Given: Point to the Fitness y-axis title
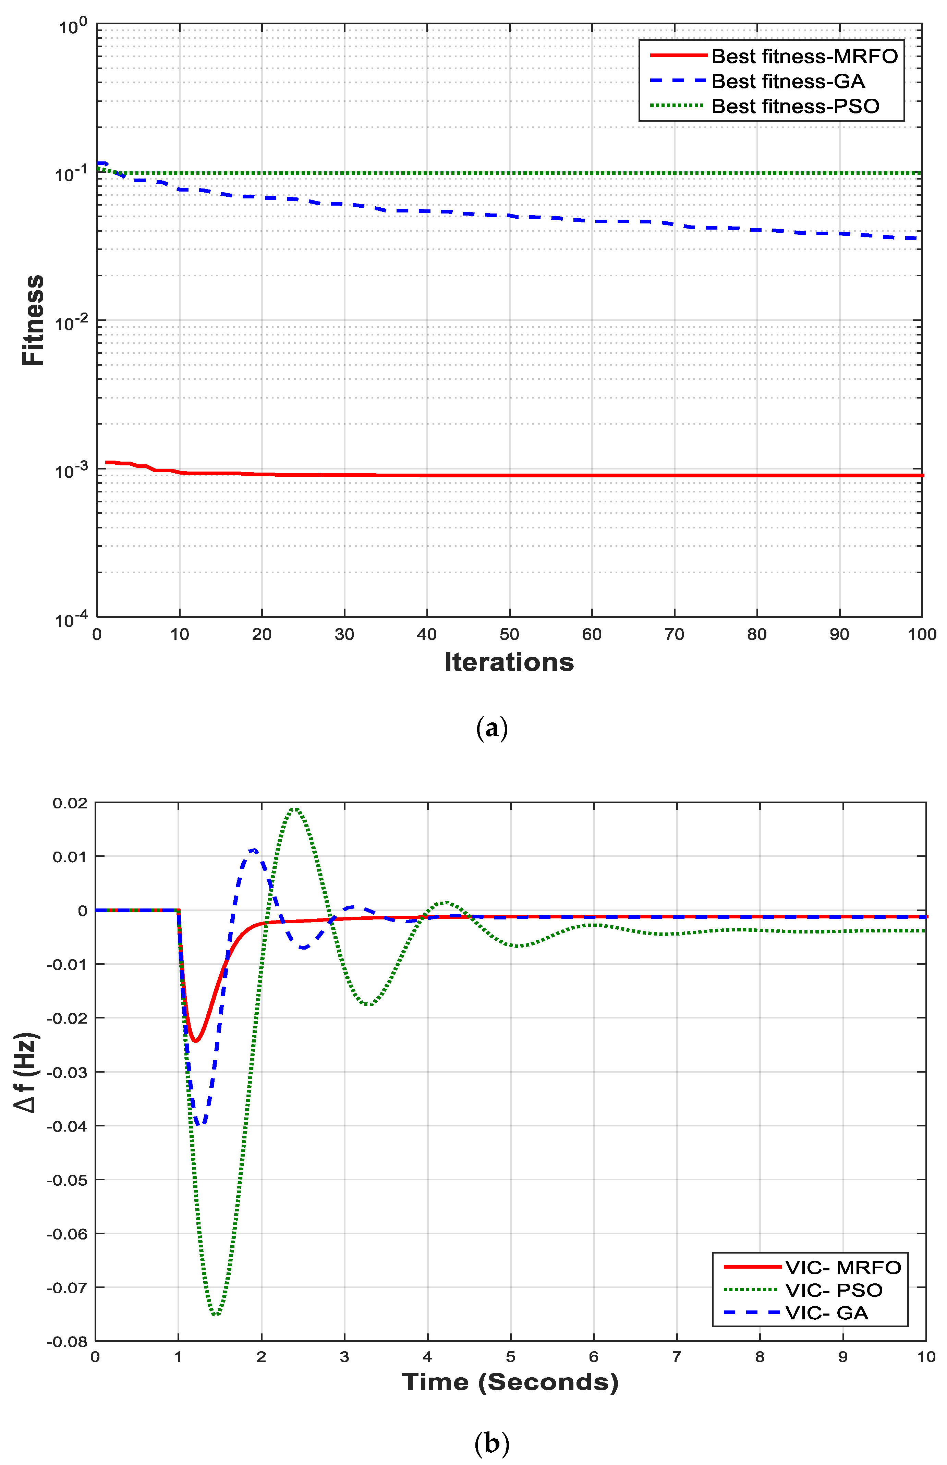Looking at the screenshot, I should pos(33,320).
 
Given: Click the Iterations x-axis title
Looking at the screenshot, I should pos(509,662).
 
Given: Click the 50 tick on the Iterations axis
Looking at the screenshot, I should pos(509,634).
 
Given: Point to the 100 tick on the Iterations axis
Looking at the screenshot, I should pos(922,634).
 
